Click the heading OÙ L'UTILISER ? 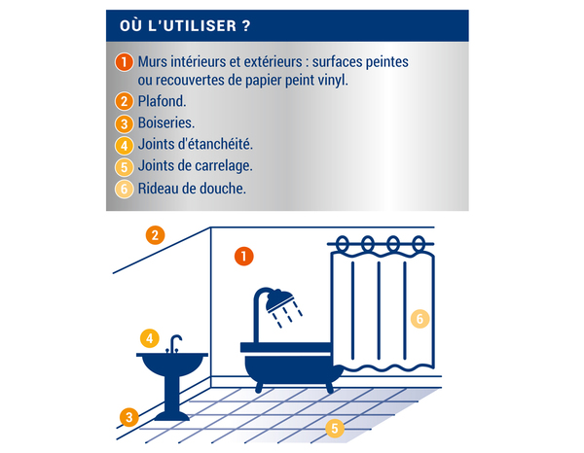coord(183,23)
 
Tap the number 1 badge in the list coord(124,63)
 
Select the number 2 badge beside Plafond coord(124,102)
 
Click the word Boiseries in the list coord(166,124)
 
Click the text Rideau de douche coord(192,189)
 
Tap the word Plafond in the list coord(163,102)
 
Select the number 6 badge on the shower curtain coord(420,318)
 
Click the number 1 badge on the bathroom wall coord(243,257)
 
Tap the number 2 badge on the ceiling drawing coord(155,234)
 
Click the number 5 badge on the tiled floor coord(334,427)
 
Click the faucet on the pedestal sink coord(175,343)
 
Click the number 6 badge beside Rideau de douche coord(124,189)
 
